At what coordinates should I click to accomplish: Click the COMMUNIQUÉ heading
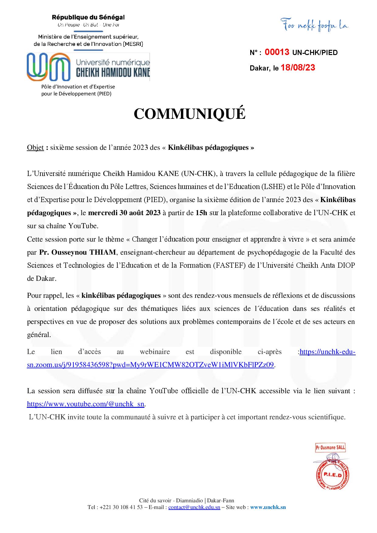[x=189, y=114]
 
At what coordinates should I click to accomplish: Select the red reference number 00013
[x=277, y=52]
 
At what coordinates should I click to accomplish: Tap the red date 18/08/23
[x=298, y=67]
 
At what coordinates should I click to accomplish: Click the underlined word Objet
[x=35, y=148]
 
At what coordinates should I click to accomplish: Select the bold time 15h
[x=201, y=213]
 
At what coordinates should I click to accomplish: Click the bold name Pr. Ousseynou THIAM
[x=78, y=252]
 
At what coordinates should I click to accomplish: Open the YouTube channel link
[x=86, y=404]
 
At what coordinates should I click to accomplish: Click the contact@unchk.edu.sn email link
[x=194, y=507]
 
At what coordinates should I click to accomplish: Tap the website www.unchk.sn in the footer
[x=268, y=507]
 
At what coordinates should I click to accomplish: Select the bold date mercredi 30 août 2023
[x=124, y=213]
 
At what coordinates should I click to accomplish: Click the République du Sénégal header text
[x=88, y=18]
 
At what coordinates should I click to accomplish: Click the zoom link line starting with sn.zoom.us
[x=150, y=365]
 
